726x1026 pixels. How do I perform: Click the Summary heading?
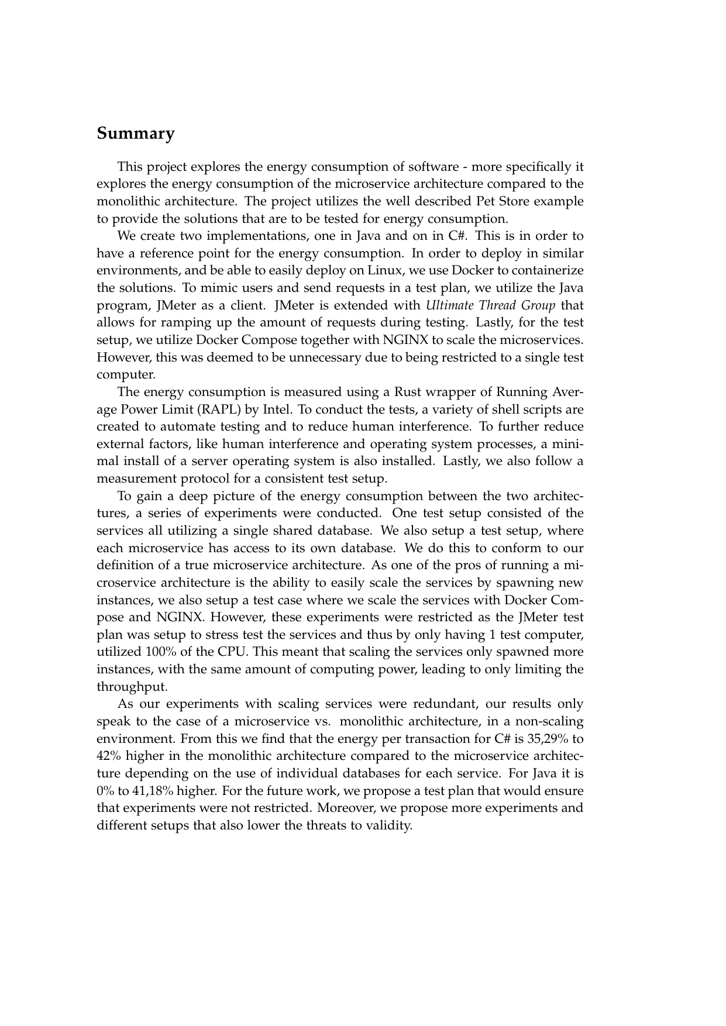[136, 134]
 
